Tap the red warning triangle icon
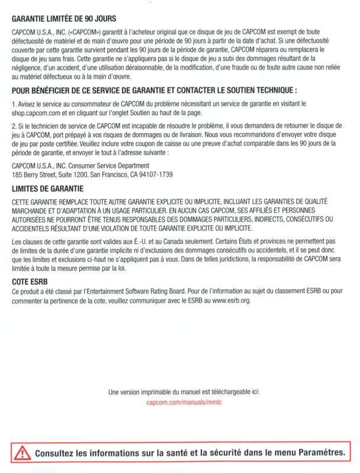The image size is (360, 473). click(22, 453)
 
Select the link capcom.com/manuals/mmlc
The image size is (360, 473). click(184, 402)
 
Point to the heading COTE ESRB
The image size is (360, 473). click(30, 282)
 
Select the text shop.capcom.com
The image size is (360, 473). click(35, 112)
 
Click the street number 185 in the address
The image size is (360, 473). click(17, 175)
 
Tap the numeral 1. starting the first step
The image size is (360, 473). click(14, 103)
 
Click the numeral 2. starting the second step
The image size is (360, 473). click(14, 127)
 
